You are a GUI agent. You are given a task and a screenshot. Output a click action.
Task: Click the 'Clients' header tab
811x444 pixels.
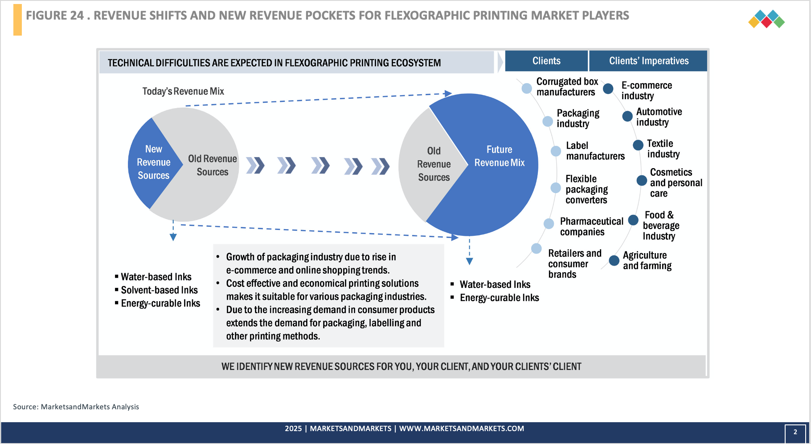click(546, 61)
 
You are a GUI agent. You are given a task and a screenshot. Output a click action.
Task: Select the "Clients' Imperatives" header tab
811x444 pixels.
click(648, 61)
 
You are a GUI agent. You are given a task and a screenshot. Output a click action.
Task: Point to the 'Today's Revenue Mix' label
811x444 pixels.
click(183, 91)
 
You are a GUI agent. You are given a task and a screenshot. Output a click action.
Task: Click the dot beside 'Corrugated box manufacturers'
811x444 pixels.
click(527, 88)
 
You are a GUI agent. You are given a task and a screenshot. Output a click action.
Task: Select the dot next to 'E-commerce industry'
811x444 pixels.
click(608, 89)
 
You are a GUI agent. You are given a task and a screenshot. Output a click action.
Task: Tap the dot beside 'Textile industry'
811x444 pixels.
click(638, 145)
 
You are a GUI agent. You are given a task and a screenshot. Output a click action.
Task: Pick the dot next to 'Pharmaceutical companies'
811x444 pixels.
click(549, 223)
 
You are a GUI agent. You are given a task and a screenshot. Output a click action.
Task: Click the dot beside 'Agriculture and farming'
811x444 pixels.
click(614, 261)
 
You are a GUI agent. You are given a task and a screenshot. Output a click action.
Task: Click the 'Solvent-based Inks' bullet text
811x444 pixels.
click(159, 290)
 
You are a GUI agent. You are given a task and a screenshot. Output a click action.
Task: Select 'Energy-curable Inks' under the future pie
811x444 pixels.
click(499, 298)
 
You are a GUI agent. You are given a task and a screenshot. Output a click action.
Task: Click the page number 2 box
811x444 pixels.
click(795, 432)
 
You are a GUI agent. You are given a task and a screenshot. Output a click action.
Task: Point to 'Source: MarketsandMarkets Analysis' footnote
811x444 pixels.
click(76, 407)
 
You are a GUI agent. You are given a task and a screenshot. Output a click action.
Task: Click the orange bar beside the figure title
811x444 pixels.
click(17, 20)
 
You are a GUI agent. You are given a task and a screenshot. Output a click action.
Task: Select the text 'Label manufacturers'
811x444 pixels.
click(595, 151)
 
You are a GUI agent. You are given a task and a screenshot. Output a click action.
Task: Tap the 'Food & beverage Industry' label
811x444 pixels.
click(660, 226)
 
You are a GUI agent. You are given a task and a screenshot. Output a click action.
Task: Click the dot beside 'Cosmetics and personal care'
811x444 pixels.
click(642, 181)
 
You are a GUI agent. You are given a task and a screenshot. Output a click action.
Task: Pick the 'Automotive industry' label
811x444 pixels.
click(659, 117)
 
